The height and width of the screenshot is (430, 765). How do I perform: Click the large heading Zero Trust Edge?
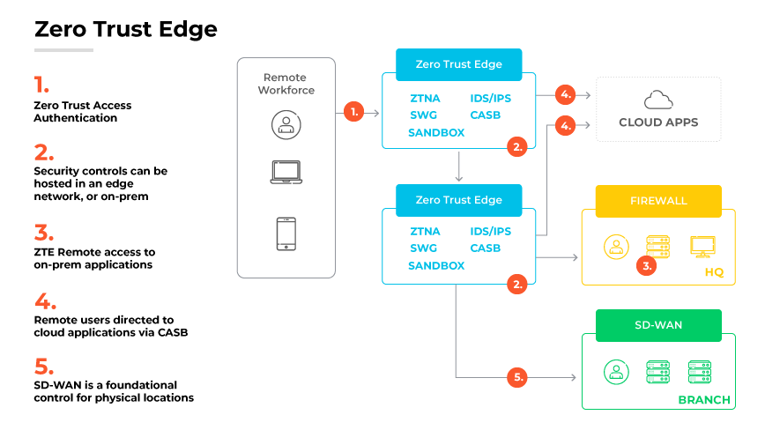coord(125,29)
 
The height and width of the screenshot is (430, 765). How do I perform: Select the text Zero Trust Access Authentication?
coord(82,111)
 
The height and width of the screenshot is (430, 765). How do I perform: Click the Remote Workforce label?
coord(286,84)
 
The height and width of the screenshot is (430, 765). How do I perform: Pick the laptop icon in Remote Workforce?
coord(286,172)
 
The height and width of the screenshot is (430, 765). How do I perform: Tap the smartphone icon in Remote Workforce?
coord(286,234)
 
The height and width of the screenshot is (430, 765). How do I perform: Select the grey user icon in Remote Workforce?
coord(286,124)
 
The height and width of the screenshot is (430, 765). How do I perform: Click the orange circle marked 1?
coord(353,112)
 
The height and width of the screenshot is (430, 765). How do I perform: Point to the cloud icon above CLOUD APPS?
coord(658,100)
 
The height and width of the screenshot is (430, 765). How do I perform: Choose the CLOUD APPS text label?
coord(658,122)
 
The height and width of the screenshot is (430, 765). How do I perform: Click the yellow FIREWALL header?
coord(658,201)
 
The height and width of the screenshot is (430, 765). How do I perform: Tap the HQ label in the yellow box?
coord(713,272)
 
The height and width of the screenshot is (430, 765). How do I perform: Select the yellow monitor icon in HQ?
coord(703,247)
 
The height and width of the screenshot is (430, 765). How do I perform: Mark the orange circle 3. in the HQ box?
coord(646,265)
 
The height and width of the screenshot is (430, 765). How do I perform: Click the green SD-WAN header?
coord(658,325)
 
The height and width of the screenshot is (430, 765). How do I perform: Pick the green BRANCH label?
coord(703,400)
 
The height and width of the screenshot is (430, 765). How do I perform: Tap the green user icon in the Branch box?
coord(617,372)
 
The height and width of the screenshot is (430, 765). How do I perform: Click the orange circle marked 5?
coord(518,377)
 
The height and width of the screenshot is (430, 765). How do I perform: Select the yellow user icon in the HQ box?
coord(617,247)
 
